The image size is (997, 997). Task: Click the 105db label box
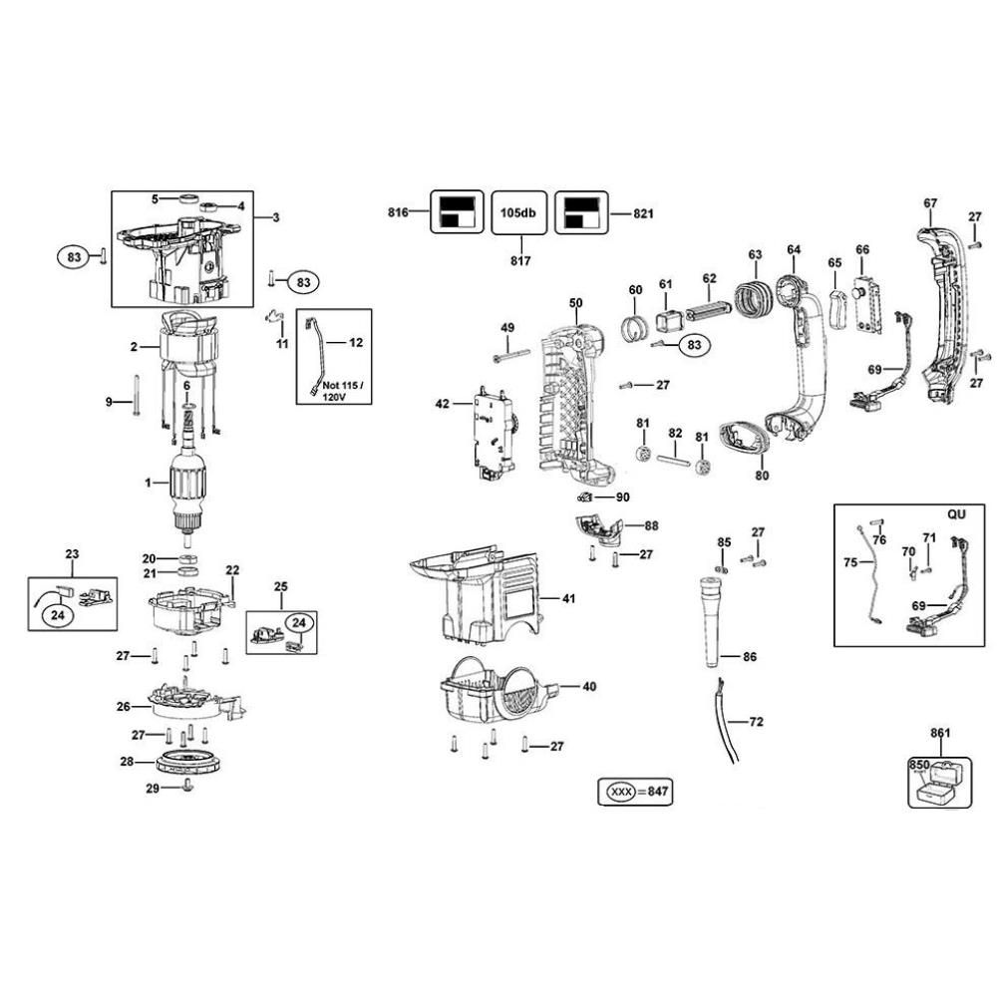(x=518, y=212)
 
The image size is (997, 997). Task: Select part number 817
(x=520, y=260)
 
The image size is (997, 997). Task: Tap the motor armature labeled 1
(x=187, y=486)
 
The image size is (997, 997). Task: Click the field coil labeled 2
(x=189, y=343)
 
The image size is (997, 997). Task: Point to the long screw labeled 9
(x=136, y=396)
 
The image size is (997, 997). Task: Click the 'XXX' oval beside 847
(x=620, y=792)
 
